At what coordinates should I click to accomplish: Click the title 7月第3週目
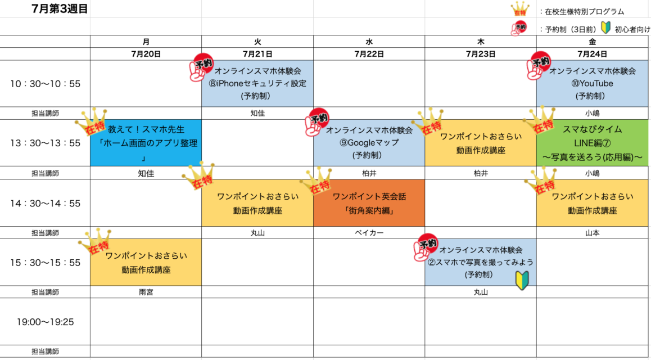click(x=60, y=9)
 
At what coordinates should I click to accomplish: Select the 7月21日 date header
click(x=257, y=53)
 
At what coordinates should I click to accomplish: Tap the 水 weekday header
click(x=369, y=42)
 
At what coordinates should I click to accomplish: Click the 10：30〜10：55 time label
click(x=46, y=84)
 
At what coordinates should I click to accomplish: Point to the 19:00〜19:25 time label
click(x=46, y=321)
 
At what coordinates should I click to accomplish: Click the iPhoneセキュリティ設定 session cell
click(x=257, y=83)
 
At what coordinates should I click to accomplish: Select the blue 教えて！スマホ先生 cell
click(x=146, y=143)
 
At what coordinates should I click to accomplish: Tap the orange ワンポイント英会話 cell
click(x=369, y=203)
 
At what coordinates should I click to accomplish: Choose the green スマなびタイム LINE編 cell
click(x=594, y=143)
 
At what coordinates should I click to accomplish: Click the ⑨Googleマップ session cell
click(x=369, y=143)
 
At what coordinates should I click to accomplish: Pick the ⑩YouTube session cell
click(x=594, y=83)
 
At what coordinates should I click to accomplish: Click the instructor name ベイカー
click(x=369, y=233)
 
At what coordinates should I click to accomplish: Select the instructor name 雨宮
click(x=146, y=292)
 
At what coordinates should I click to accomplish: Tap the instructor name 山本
click(x=593, y=233)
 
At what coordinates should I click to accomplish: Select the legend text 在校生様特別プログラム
click(x=585, y=12)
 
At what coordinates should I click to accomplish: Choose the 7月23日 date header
click(x=481, y=53)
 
